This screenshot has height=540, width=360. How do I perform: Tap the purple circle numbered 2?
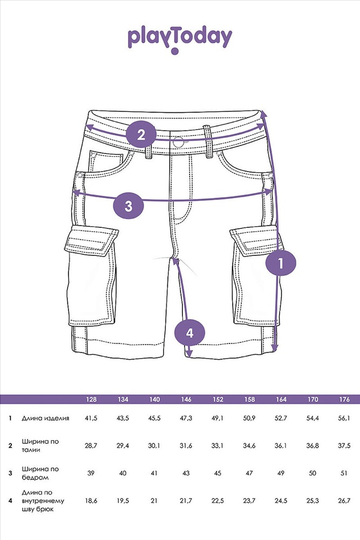[x=141, y=134]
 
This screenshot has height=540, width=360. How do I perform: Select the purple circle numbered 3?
[x=128, y=206]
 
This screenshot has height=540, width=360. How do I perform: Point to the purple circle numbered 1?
[x=281, y=263]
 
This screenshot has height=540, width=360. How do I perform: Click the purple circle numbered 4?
[x=189, y=333]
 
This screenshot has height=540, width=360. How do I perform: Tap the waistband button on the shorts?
[x=179, y=141]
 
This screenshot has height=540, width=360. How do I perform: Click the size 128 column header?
[x=91, y=400]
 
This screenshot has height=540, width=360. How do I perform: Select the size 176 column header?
[x=344, y=400]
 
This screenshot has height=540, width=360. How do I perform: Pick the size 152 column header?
[x=218, y=400]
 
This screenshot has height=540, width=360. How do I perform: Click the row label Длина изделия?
[x=45, y=418]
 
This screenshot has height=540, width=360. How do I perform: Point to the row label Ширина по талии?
[x=40, y=446]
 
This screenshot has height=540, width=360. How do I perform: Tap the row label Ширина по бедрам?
[x=40, y=473]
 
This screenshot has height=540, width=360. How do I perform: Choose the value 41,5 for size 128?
[x=91, y=418]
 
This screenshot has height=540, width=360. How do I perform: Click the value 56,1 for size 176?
[x=344, y=418]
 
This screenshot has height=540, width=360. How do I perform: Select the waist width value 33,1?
[x=218, y=446]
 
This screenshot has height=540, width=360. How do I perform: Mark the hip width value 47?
[x=249, y=473]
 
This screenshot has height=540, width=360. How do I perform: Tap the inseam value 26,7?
[x=344, y=501]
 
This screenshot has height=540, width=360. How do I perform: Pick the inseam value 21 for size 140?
[x=154, y=501]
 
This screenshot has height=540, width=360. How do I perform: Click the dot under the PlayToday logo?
[x=175, y=51]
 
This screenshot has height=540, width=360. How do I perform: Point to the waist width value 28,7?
[x=91, y=446]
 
